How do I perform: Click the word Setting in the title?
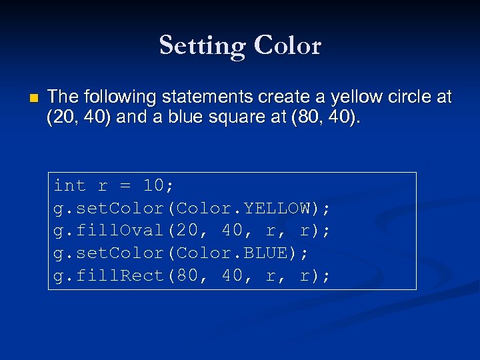201,46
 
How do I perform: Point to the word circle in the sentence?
401,98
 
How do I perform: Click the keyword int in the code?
70,185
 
